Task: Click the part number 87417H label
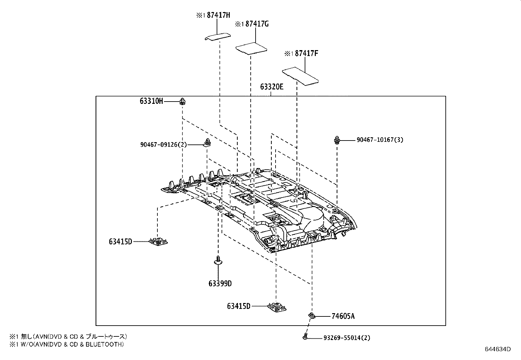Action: (218, 15)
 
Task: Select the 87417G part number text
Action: (257, 24)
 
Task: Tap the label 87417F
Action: (306, 53)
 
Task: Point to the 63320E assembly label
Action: (272, 87)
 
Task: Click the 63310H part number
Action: (151, 101)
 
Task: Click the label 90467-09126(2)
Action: (163, 144)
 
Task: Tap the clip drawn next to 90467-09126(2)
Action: (207, 142)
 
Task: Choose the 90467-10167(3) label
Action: (380, 140)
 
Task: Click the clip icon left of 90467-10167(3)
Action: (337, 140)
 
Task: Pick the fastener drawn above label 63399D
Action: (218, 261)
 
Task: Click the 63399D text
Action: (220, 283)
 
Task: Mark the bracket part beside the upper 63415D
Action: (158, 242)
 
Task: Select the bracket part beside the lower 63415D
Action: (277, 307)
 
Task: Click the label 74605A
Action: (343, 316)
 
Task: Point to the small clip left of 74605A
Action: (312, 316)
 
